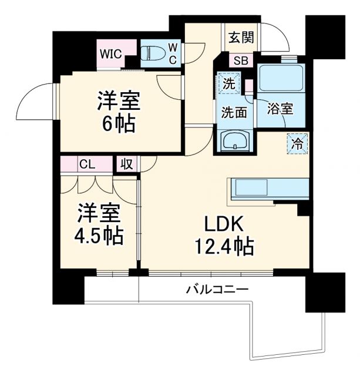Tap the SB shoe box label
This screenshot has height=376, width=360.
241,59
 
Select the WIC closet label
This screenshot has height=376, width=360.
110,53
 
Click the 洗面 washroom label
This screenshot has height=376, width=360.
233,111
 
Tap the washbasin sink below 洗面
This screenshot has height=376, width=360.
234,141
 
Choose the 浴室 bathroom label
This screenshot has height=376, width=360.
280,109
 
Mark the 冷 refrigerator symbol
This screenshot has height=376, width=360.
298,144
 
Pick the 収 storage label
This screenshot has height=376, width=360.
126,164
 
